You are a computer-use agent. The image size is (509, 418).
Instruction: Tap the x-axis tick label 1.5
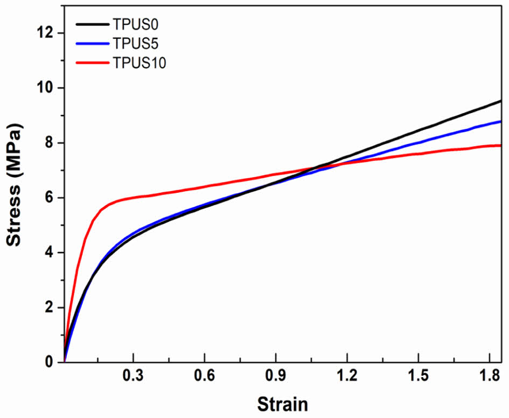tap(417, 377)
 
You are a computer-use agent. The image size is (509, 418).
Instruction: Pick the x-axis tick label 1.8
tap(488, 377)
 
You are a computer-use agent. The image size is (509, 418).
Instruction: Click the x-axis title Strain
tap(282, 404)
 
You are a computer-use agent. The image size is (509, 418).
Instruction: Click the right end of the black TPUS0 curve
tap(500, 101)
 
